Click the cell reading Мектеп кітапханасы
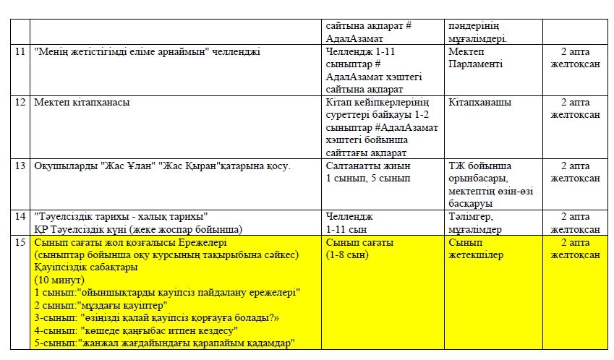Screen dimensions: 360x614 (82, 102)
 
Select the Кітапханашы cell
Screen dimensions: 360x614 (479, 102)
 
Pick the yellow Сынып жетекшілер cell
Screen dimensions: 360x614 (474, 249)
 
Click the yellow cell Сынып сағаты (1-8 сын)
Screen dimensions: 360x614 (360, 249)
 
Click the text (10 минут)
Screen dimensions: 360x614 (59, 280)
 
